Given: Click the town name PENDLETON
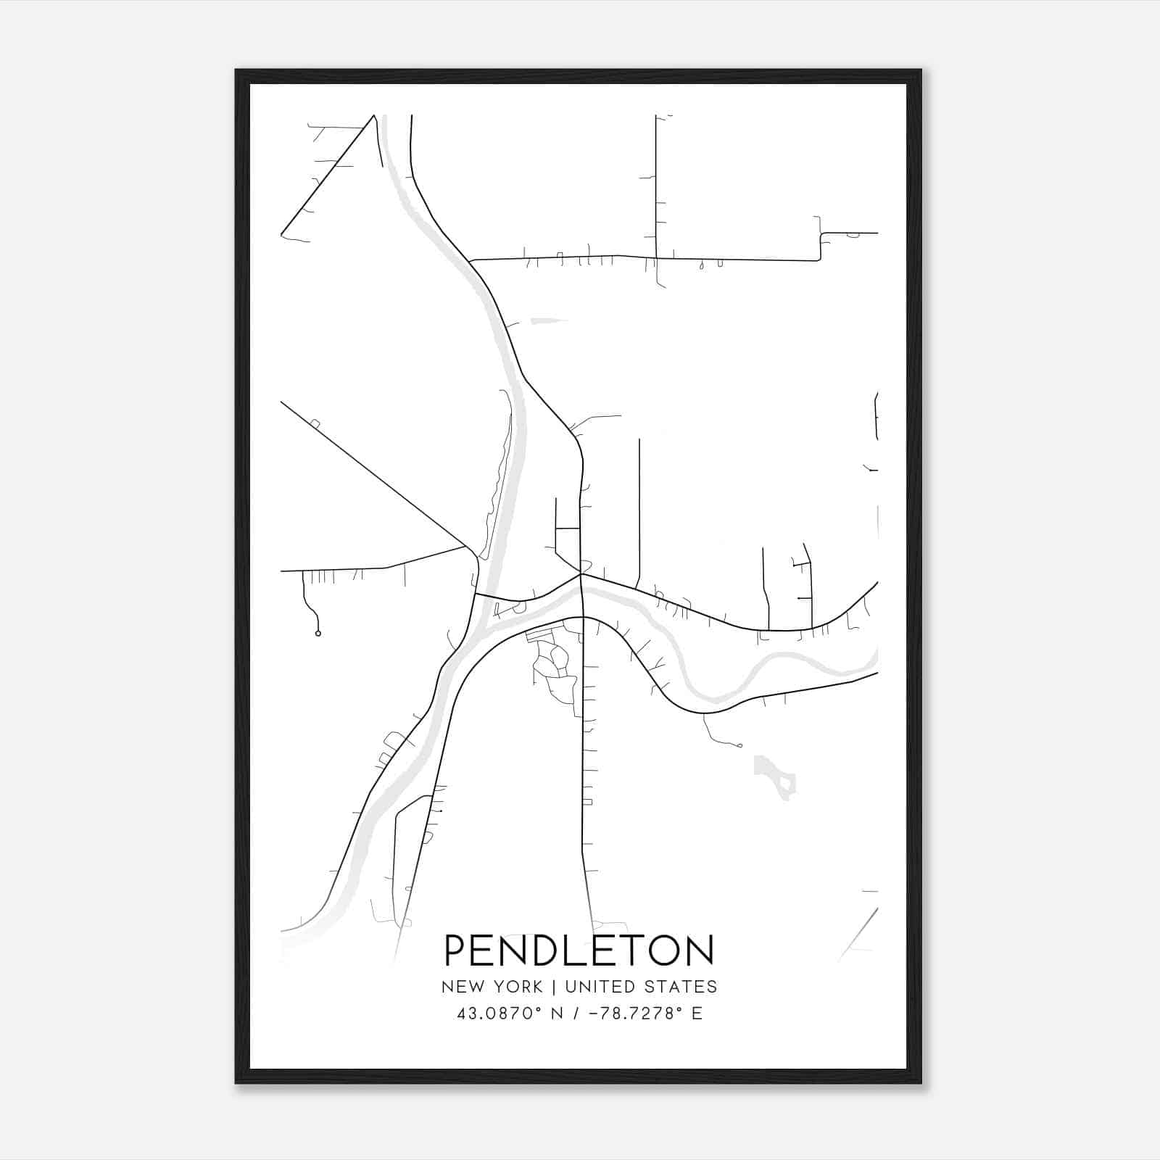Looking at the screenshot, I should [x=579, y=950].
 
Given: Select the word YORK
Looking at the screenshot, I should [x=518, y=987].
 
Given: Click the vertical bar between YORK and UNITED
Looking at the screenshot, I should [x=554, y=987].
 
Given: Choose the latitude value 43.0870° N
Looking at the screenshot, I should [x=510, y=1014].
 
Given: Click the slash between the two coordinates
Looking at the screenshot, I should [x=575, y=1014].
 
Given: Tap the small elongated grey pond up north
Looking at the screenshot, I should [x=549, y=320].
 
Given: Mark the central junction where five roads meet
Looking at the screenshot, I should [x=581, y=574].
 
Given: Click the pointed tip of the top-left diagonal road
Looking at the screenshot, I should [x=374, y=115].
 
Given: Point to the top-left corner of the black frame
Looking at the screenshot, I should [x=236, y=70].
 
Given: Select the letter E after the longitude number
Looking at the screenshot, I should [x=697, y=1014].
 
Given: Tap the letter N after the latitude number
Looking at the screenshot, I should [x=557, y=1014].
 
